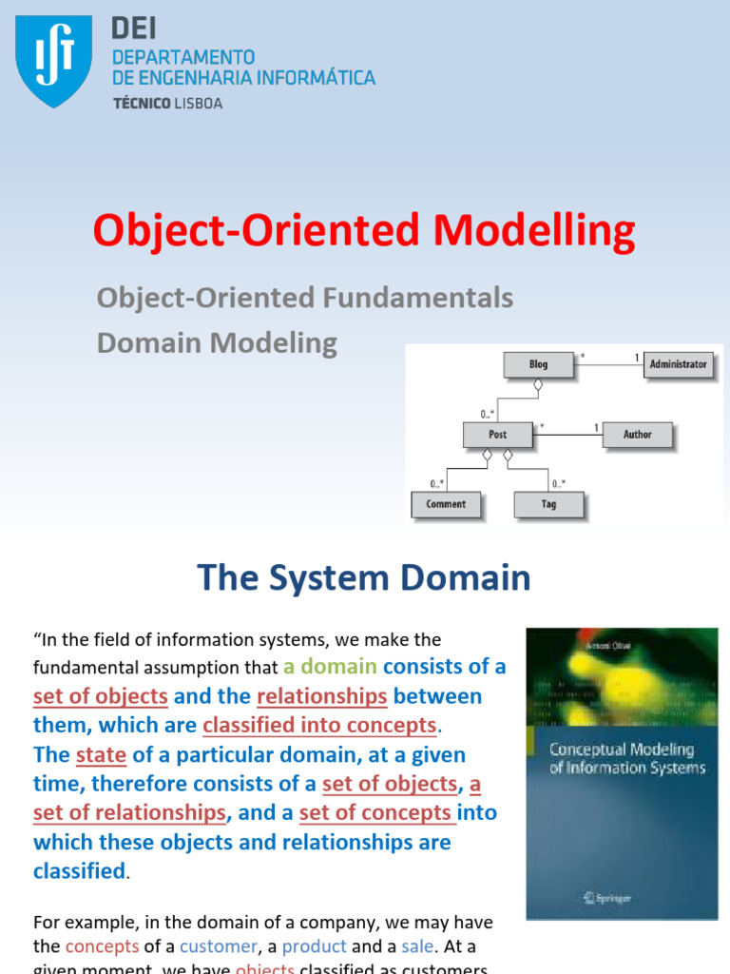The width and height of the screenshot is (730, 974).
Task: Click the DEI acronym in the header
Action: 134,29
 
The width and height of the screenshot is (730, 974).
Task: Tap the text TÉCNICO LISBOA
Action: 167,104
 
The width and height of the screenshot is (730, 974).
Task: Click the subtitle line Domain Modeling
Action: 217,342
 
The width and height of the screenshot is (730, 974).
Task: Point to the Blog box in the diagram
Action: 538,364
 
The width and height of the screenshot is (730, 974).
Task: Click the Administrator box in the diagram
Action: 678,364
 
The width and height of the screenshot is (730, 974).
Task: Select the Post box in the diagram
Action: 497,435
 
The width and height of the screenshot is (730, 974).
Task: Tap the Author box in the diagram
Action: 637,435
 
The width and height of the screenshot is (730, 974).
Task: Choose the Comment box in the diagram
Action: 446,504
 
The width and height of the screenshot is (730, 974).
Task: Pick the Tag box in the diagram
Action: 548,504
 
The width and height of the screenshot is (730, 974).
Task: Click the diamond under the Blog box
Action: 538,385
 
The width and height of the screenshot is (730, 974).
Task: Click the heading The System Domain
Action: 364,577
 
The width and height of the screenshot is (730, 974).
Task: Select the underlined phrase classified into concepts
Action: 319,726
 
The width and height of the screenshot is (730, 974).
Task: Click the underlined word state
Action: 101,755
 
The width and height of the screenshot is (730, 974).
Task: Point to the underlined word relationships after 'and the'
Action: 321,696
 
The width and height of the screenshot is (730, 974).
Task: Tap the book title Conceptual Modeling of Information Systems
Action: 626,758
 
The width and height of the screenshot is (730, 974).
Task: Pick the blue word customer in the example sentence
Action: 218,946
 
